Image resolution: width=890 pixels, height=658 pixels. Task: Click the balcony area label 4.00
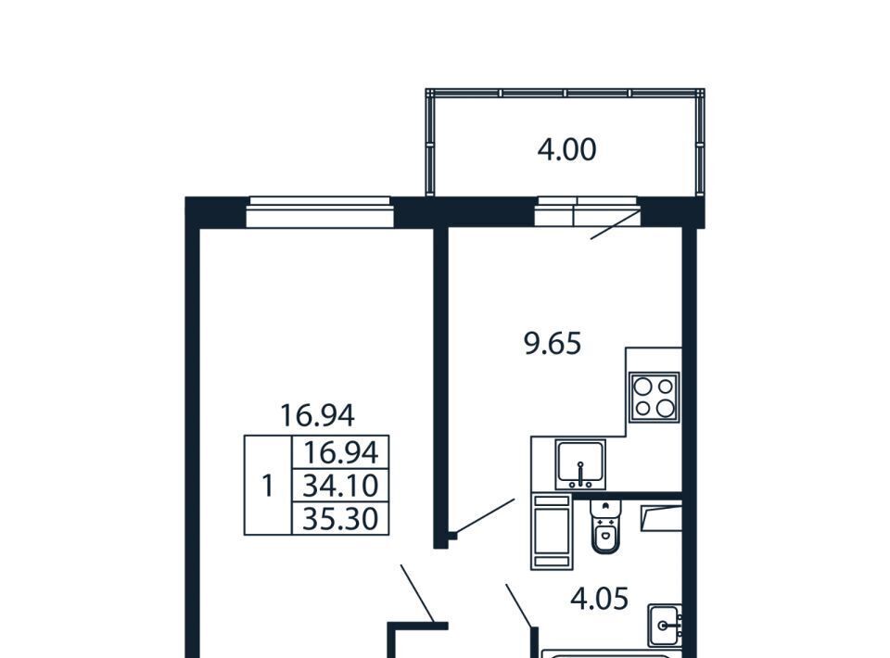click(566, 150)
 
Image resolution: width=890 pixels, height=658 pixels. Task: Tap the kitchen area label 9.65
click(553, 344)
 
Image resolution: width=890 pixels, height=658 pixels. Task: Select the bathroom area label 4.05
click(600, 599)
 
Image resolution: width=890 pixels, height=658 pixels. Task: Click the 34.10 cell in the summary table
click(340, 485)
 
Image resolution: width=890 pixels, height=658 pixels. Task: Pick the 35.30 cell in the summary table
click(340, 518)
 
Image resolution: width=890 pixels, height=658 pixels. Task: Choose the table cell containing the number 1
click(267, 486)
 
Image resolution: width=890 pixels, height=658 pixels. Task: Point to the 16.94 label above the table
click(317, 416)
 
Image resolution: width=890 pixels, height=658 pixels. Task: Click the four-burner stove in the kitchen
click(655, 397)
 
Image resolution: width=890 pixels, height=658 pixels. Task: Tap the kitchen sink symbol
click(580, 464)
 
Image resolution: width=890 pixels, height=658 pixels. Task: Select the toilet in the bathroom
click(606, 526)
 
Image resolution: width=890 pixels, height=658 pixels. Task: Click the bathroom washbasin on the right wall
click(666, 625)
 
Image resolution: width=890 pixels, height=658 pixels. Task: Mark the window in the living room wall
click(320, 212)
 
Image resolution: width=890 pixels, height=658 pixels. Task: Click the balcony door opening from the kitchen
click(588, 211)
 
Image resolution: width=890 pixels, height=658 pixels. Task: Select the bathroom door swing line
click(519, 605)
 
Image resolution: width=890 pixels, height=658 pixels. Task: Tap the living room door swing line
click(417, 593)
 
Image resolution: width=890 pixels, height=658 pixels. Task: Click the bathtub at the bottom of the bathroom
click(606, 654)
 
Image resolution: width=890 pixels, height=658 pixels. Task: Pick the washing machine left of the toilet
click(551, 532)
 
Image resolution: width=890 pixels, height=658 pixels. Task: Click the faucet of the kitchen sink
click(580, 475)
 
